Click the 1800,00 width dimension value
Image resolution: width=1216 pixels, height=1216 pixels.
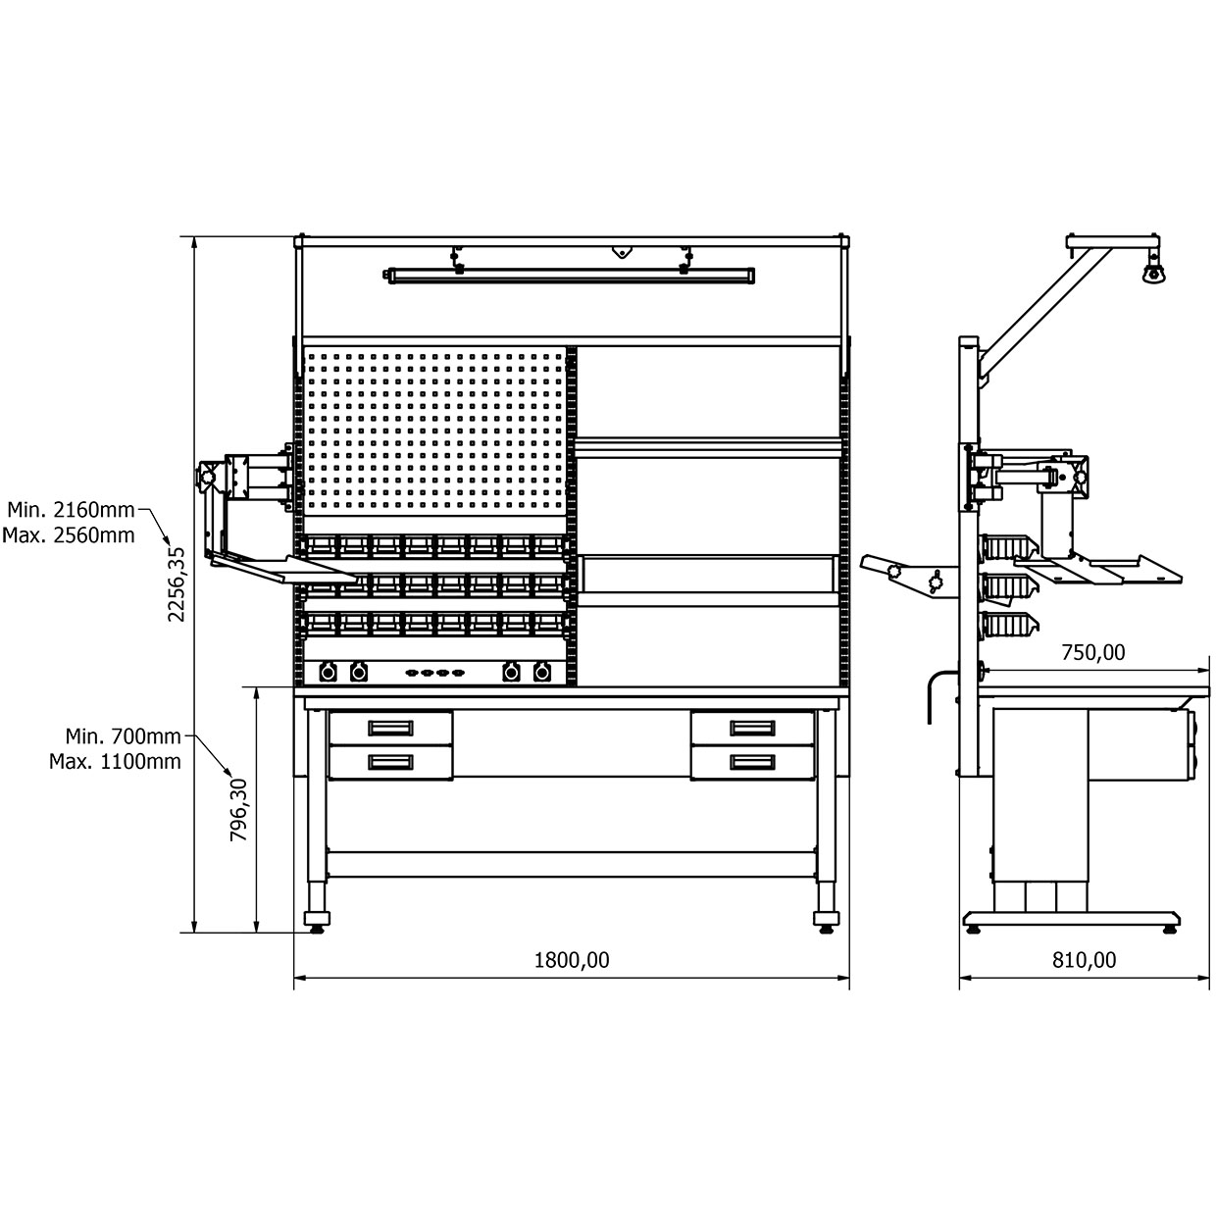(x=572, y=960)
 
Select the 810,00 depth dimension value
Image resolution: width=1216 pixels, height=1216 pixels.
(x=1085, y=960)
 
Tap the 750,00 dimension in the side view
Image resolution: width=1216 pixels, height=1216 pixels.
(x=1093, y=652)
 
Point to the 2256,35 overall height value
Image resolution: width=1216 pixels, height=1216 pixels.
(x=177, y=584)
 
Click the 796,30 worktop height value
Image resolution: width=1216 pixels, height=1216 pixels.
(x=239, y=810)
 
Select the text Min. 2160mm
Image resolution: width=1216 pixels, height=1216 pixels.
(x=72, y=509)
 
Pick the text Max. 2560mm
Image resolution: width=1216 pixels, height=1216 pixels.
(x=69, y=535)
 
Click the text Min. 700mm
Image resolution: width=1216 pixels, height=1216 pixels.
(x=123, y=736)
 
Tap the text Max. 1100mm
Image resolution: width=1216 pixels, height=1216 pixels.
(x=116, y=762)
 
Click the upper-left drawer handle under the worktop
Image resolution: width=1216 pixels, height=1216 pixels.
(x=390, y=729)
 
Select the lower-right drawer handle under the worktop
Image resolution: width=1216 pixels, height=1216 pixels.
(x=752, y=762)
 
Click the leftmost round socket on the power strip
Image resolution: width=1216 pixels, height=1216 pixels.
(x=328, y=673)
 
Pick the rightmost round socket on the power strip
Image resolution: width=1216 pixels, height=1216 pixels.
(x=542, y=673)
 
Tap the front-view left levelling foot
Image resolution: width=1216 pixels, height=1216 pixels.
(x=317, y=922)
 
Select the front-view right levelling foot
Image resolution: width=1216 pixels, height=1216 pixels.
(x=826, y=922)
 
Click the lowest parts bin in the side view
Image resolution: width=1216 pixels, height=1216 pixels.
(x=1009, y=625)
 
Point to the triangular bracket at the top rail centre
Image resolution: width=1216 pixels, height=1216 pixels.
(x=622, y=252)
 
